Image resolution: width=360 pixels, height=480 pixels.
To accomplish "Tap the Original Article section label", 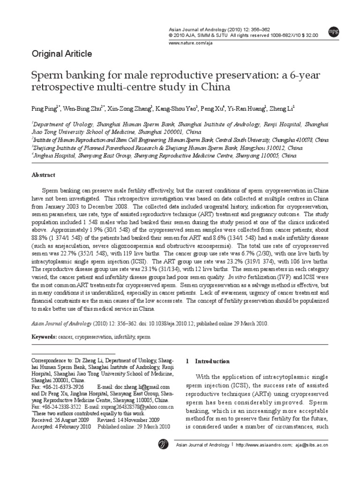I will click(x=61, y=53).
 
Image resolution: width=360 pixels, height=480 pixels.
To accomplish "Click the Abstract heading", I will click(x=43, y=175).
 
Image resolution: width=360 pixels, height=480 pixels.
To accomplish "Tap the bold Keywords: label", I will click(x=44, y=337).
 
